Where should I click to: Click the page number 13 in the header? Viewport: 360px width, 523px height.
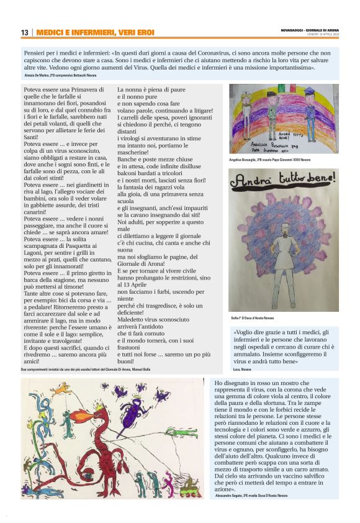[x=25, y=32]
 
